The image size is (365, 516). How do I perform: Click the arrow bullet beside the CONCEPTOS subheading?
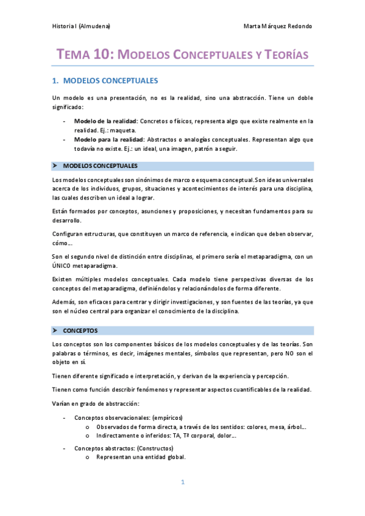[x=55, y=330]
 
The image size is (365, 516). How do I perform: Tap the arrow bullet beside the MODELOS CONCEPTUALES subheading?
[x=55, y=166]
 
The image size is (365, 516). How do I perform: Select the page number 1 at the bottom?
[x=182, y=483]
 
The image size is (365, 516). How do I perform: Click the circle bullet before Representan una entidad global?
[x=88, y=457]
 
